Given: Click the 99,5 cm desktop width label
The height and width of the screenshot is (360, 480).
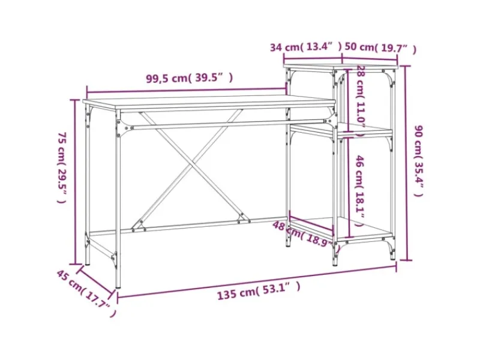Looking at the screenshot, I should pyautogui.click(x=189, y=78).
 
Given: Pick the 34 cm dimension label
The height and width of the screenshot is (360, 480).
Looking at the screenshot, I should pyautogui.click(x=305, y=47).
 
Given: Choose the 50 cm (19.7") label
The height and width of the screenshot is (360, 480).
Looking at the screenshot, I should pyautogui.click(x=380, y=48).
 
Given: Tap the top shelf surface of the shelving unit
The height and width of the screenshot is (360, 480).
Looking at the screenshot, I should pyautogui.click(x=339, y=65).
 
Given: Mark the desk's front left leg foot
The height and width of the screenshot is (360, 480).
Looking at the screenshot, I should pyautogui.click(x=117, y=286).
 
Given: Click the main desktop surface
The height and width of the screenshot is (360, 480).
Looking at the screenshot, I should pyautogui.click(x=210, y=101).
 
